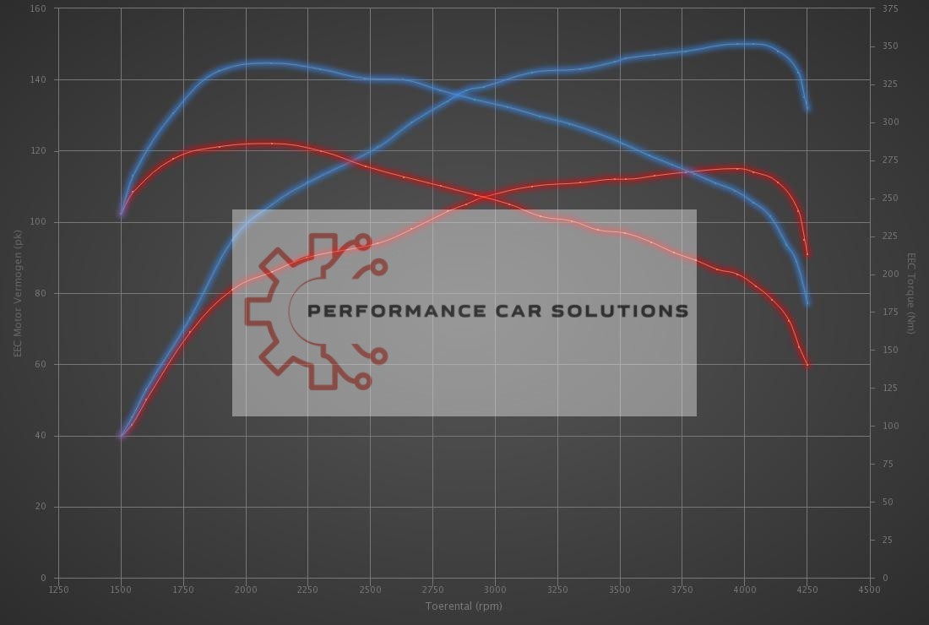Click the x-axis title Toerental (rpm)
464,606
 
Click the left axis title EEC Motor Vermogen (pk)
18,293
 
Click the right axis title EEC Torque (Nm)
911,293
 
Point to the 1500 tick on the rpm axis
121,590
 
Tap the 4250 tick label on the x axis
807,590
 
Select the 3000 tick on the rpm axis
495,590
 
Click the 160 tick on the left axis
39,8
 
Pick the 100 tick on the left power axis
39,222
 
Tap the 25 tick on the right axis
886,540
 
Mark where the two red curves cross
480,196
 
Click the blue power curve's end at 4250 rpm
807,108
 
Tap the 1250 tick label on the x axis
58,590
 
